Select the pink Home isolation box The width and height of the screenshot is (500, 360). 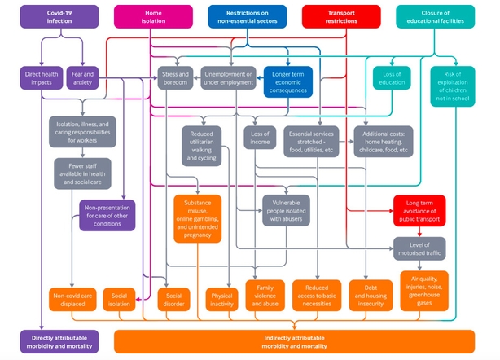coord(153,17)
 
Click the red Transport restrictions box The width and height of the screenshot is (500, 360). coord(342,17)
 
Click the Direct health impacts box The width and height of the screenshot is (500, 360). coord(37,78)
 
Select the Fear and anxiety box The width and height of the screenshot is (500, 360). coord(82,78)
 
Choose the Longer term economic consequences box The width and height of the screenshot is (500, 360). coord(287,82)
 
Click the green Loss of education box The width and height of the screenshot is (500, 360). coord(393,78)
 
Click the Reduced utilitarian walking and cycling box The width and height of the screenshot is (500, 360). coord(201,145)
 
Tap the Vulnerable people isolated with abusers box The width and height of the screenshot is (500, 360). coord(286,209)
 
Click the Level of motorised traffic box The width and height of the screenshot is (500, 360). coord(419,248)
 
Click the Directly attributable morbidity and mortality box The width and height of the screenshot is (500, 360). coord(59,341)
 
